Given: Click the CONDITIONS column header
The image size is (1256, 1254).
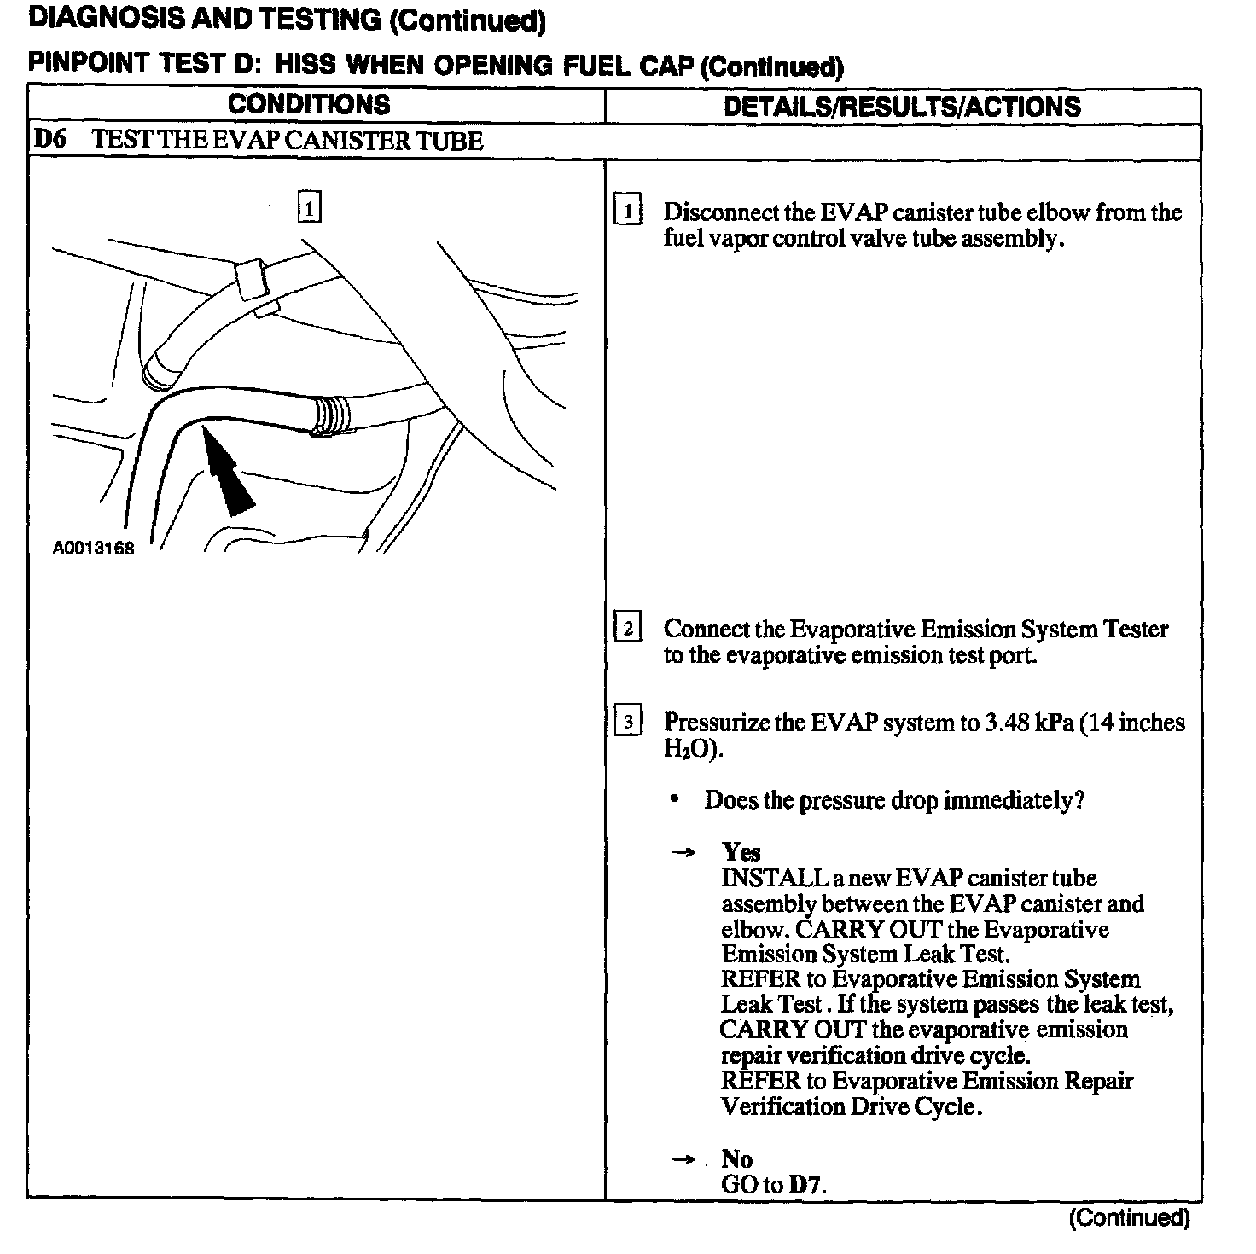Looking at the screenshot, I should pos(309,105).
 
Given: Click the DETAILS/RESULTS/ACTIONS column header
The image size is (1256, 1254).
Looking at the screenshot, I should pos(902,107).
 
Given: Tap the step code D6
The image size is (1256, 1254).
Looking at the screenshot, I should pos(50,140).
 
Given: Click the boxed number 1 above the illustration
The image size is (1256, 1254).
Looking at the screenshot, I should pos(309,207).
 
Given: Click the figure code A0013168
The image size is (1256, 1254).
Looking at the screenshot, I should pos(94,549).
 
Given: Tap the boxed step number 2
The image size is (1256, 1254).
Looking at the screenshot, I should pos(628,630).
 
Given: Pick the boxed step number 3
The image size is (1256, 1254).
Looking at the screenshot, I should pos(628,723).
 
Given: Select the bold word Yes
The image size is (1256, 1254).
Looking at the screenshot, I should pos(741,852).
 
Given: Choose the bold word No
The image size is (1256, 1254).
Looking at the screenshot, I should pos(737,1158).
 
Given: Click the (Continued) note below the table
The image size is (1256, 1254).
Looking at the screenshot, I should pos(1128,1218).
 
